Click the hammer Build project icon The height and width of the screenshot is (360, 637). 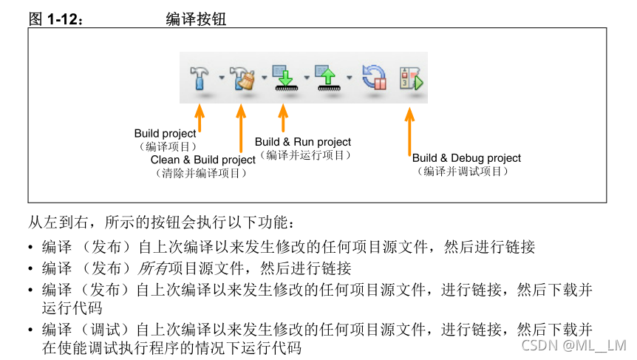click(200, 76)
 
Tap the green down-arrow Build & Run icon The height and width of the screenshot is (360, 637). click(284, 76)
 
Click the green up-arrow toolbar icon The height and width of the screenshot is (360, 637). click(326, 76)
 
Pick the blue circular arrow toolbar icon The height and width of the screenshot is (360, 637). click(374, 76)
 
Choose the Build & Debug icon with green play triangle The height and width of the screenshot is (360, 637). click(412, 77)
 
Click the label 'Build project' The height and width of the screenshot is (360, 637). click(165, 134)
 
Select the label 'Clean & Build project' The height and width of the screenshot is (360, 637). click(203, 160)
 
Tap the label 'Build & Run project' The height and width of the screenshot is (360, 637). click(303, 142)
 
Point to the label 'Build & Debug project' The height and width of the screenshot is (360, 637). click(466, 158)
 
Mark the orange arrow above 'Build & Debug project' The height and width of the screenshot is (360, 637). click(410, 132)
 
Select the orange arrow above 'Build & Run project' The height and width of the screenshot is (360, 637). click(284, 119)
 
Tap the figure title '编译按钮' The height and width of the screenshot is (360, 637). click(196, 20)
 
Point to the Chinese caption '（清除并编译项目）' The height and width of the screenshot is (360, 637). click(200, 173)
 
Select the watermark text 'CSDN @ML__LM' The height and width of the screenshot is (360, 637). click(573, 345)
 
